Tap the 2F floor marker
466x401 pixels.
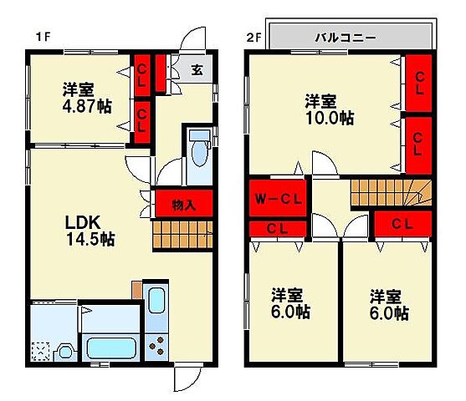click(253, 37)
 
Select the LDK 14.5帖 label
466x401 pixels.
click(89, 230)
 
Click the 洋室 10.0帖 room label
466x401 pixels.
click(329, 109)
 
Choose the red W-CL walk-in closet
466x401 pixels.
click(279, 199)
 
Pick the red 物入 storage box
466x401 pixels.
click(183, 204)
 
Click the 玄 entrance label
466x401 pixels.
click(196, 70)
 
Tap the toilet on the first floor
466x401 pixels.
click(199, 151)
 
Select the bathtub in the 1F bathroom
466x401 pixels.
click(110, 348)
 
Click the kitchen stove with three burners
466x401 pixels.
click(156, 343)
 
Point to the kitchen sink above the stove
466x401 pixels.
click(156, 301)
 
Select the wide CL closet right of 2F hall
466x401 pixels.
click(402, 223)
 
